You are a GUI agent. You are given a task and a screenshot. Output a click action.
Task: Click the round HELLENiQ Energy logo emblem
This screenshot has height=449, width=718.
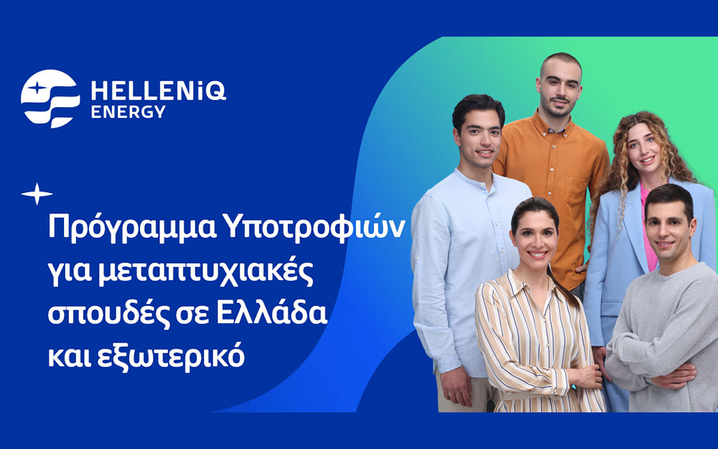tap(50, 98)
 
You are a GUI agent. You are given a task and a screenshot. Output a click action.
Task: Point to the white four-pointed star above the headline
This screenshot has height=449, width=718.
tap(37, 194)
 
